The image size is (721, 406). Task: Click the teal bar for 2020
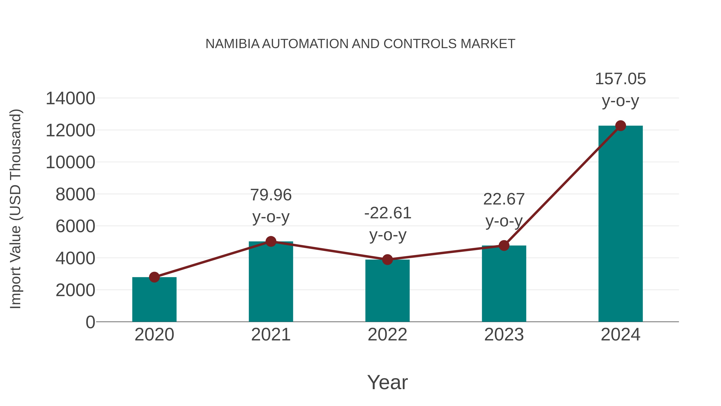point(154,300)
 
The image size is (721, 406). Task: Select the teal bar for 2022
point(387,291)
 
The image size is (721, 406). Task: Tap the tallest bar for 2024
point(620,224)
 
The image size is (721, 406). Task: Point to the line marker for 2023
point(504,245)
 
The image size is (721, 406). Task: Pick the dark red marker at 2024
point(620,126)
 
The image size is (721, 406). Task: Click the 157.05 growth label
point(620,79)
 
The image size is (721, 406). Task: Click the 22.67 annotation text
point(504,199)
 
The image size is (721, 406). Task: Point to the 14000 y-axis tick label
point(70,99)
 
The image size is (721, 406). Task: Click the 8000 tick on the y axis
point(75,194)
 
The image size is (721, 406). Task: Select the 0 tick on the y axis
point(90,322)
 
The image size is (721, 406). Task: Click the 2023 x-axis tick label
point(504,335)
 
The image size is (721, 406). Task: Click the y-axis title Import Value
point(16,209)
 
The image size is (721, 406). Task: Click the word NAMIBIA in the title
point(232,44)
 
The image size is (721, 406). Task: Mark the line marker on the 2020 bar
point(154,277)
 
